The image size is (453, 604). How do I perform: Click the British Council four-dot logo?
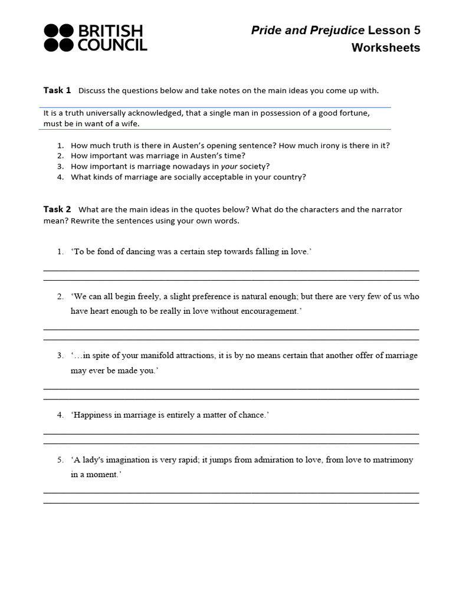(x=59, y=38)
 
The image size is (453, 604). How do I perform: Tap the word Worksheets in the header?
(x=386, y=48)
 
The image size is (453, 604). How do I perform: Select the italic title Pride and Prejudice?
(x=308, y=30)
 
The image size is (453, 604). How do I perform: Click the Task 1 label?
(x=57, y=90)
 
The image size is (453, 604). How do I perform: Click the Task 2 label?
(x=57, y=209)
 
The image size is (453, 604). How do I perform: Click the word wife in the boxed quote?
(x=132, y=124)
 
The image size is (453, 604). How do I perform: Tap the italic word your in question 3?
(x=229, y=166)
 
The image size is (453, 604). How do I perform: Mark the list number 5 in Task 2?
(x=60, y=460)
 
